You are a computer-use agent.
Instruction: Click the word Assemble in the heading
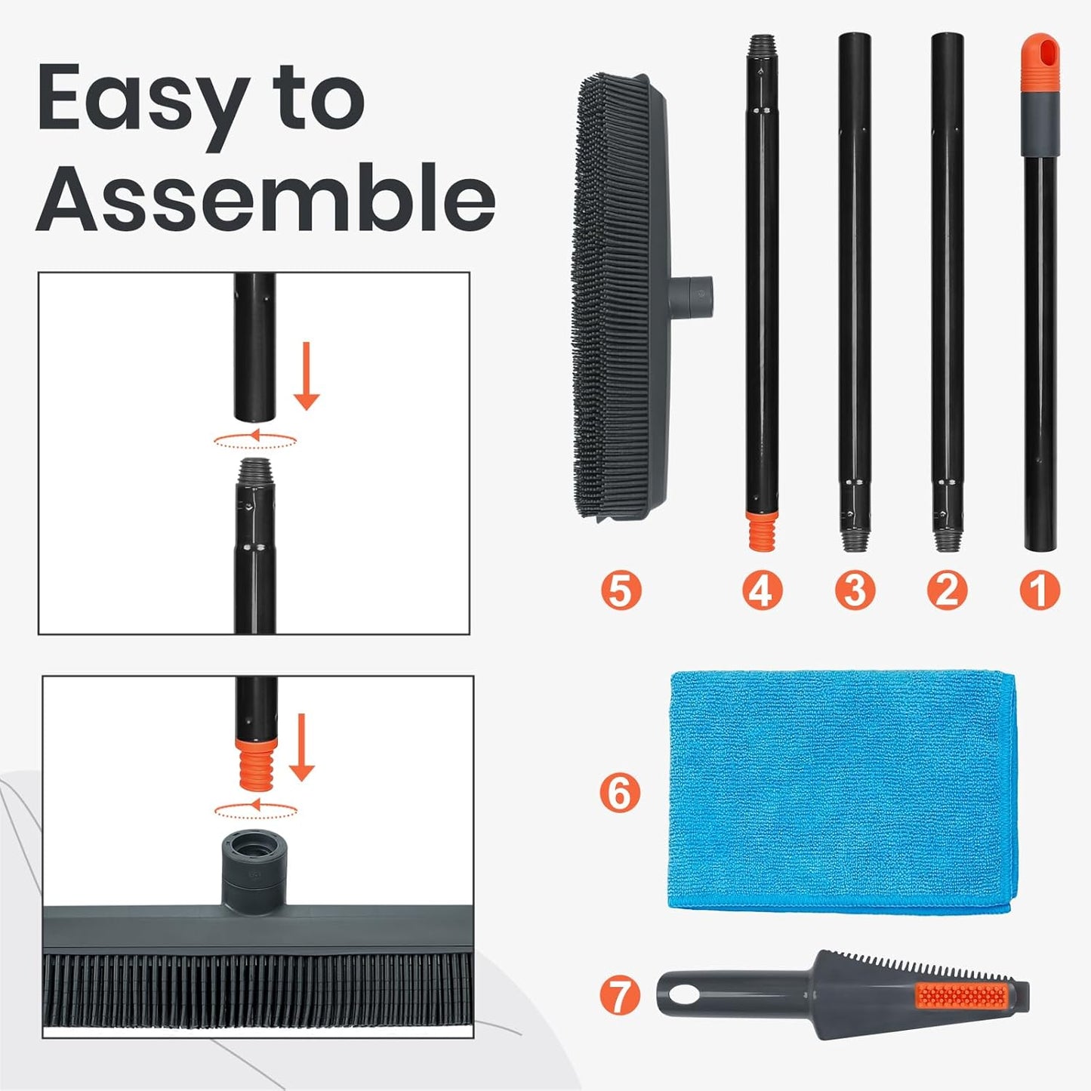(266, 198)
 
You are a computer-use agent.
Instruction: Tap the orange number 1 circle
(1040, 590)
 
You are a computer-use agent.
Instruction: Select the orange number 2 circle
(947, 590)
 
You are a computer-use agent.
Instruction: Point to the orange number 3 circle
(855, 590)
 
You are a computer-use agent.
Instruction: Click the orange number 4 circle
(761, 590)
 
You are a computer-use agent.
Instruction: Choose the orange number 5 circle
(621, 590)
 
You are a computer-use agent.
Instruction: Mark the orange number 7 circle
(620, 994)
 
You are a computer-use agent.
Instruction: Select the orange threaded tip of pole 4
(761, 531)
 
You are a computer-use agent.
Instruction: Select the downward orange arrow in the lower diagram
(301, 747)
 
